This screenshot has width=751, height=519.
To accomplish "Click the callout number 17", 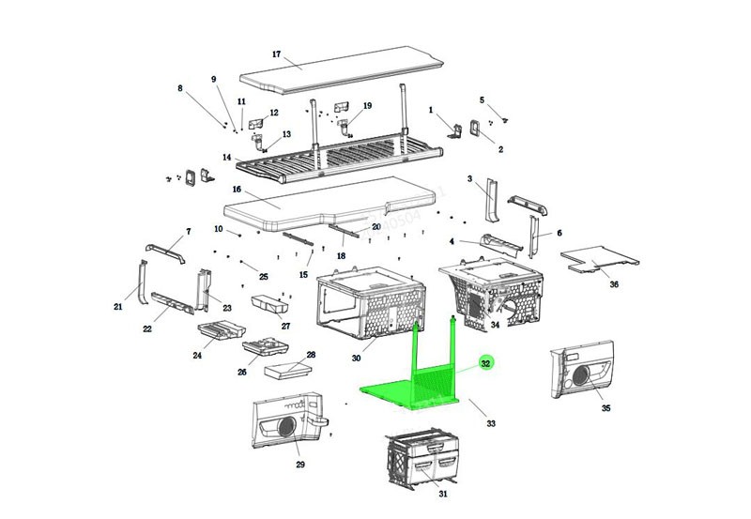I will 276,53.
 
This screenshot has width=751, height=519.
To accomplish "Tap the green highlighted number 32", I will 485,363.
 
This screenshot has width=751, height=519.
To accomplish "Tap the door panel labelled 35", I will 585,372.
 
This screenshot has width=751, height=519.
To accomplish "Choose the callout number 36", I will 614,284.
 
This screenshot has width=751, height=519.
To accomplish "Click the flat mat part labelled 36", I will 601,255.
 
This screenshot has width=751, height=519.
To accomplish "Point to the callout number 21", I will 119,306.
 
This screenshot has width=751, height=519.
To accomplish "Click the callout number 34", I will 496,326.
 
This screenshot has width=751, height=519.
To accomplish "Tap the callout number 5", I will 482,99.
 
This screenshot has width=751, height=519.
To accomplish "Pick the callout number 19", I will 367,105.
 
